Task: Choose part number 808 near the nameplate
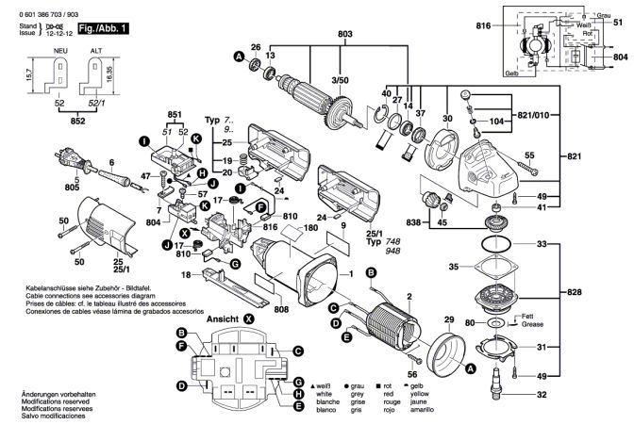[x=282, y=307]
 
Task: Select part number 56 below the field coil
[x=411, y=373]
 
